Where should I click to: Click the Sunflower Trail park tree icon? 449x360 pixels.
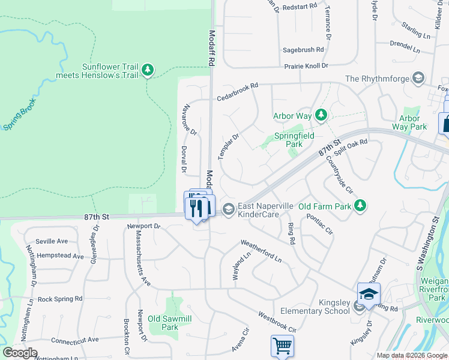coord(148,71)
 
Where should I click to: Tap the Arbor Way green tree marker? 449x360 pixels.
coord(321,115)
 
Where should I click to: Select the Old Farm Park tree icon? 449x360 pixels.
coord(360,206)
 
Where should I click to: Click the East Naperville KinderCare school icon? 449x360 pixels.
coord(228,209)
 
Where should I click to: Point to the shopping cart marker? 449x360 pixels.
coord(282,346)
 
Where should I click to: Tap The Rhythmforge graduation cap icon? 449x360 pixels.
coord(418,79)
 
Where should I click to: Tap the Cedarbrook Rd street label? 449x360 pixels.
coord(237,90)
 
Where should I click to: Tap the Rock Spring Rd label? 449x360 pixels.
coord(59,299)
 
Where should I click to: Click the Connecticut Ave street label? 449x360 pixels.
coord(74,340)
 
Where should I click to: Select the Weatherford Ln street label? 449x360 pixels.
coord(261,251)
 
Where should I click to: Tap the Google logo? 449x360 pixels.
coord(20,353)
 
